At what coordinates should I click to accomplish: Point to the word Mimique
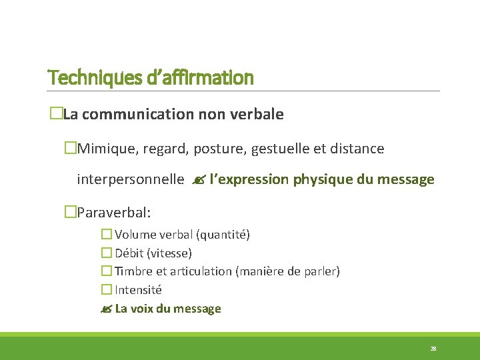click(105, 149)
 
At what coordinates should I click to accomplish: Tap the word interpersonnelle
click(131, 179)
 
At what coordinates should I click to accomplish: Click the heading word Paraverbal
click(113, 213)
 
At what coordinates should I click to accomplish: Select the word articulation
click(203, 271)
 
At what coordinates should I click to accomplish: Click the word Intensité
click(138, 290)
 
